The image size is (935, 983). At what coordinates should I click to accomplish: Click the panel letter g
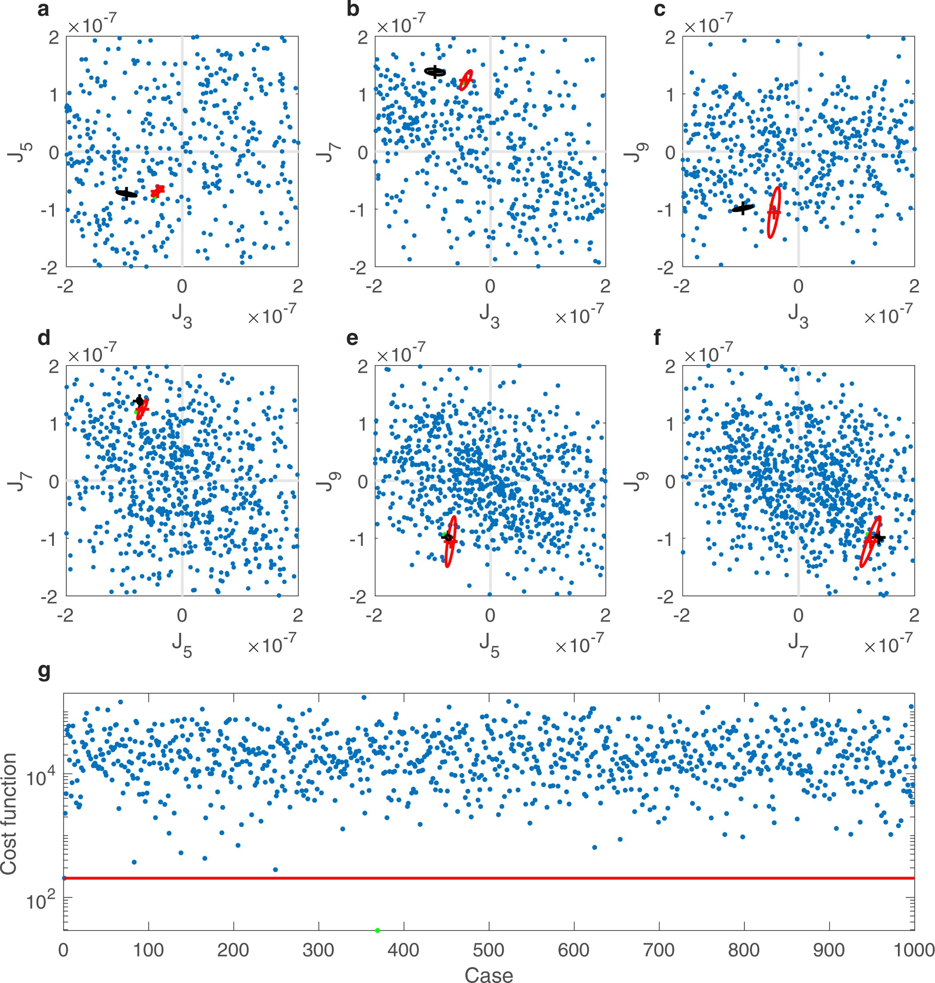(44, 672)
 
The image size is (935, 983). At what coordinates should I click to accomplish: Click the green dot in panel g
(377, 930)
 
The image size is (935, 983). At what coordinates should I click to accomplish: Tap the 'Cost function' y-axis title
(9, 814)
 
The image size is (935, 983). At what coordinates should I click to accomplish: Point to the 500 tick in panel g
(488, 950)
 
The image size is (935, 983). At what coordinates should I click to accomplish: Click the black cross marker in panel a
(127, 193)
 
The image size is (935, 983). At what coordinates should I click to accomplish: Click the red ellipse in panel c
(773, 212)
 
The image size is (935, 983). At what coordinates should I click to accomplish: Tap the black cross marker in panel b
(435, 72)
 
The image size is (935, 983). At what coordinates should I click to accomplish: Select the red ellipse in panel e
(451, 542)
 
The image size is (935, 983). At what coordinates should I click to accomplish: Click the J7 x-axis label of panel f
(798, 646)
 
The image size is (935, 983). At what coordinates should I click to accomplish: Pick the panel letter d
(44, 338)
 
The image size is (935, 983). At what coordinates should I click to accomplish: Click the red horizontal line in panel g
(488, 878)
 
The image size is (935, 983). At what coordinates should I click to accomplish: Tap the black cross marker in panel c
(743, 208)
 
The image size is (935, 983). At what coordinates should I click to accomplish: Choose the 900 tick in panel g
(829, 950)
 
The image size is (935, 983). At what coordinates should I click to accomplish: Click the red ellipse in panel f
(870, 542)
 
